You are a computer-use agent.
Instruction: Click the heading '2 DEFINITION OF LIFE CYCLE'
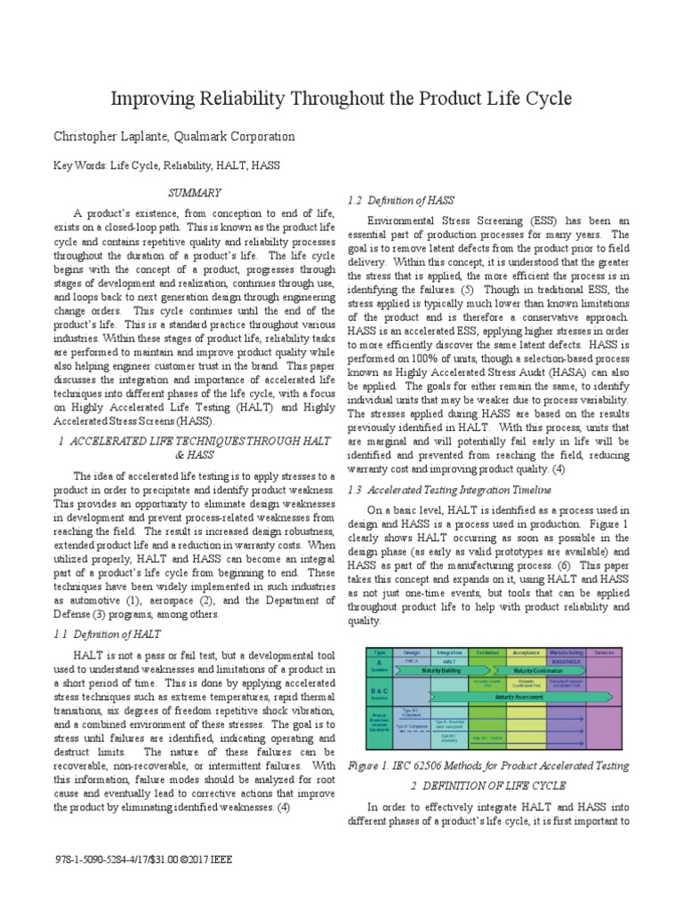click(x=499, y=786)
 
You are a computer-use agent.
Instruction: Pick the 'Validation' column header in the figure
click(x=486, y=651)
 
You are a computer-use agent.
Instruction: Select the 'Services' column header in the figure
click(x=605, y=651)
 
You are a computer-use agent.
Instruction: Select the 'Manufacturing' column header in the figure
click(x=566, y=651)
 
